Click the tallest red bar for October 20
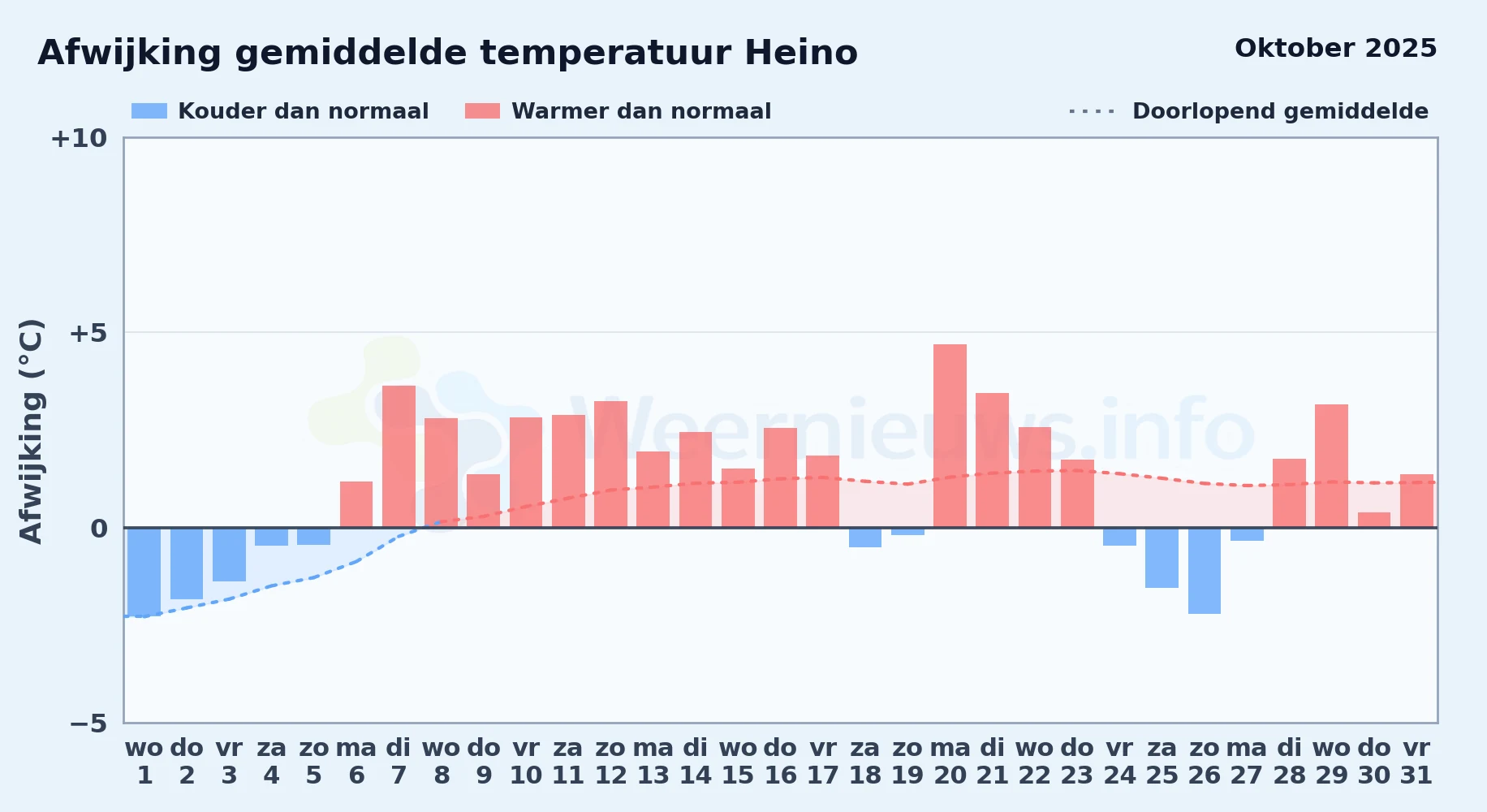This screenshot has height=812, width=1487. coord(950,436)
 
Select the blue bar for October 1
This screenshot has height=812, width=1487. coord(144,572)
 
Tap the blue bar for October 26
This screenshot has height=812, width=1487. coord(1205,571)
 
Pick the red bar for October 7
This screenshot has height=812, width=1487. coord(399,456)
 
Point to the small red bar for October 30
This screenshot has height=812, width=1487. coord(1374,520)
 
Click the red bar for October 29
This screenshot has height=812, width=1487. coord(1331,466)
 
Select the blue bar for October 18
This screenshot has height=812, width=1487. coord(865,538)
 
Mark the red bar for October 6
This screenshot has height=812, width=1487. coord(356,504)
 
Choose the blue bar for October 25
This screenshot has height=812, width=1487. coord(1162,558)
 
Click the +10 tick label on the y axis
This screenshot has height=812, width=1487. coord(79,138)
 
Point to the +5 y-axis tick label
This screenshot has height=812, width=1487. coord(88,333)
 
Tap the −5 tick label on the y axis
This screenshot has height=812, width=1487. coord(88,723)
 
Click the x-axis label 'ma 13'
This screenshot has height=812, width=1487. coord(653,761)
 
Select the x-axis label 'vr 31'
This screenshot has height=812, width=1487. coord(1416,761)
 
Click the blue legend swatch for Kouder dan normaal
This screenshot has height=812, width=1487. coord(149,111)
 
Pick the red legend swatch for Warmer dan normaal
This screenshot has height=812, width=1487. coord(483,111)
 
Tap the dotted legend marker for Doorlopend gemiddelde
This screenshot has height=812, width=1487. coord(1092,111)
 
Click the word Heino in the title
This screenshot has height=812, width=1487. coord(801,53)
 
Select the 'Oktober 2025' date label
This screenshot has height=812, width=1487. coord(1335,48)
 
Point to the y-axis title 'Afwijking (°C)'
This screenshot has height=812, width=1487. coord(31,430)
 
